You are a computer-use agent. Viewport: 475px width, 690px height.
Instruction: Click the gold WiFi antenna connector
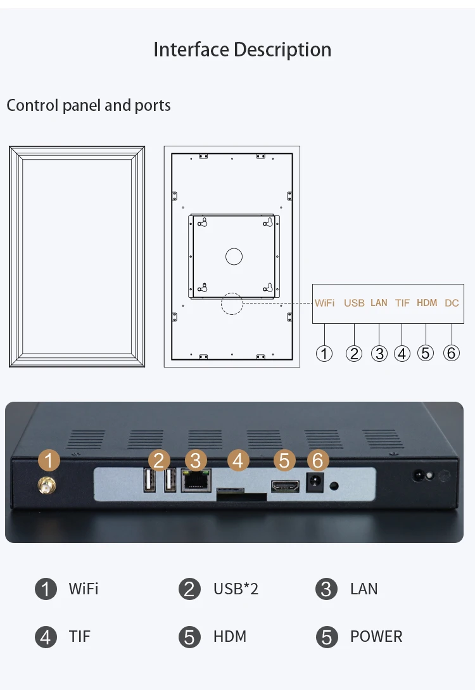click(46, 486)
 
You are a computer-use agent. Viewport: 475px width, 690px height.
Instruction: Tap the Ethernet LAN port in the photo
click(196, 480)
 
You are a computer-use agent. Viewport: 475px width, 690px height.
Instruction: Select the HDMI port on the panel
click(284, 486)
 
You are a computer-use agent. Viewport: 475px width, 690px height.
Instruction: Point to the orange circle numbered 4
click(238, 461)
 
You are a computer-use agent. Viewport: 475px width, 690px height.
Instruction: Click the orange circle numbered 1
click(49, 461)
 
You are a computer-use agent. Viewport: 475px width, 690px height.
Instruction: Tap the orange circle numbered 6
click(317, 461)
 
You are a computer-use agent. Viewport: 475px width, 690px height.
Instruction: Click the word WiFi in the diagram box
click(324, 303)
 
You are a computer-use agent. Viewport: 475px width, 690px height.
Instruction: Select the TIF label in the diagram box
click(402, 303)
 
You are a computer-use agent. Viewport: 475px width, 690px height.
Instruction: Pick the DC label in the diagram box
click(452, 303)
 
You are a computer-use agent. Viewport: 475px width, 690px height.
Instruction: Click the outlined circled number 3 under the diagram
click(379, 354)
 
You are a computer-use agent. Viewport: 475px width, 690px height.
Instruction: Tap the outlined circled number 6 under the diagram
click(451, 353)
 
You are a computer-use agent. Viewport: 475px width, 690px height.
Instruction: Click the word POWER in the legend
click(376, 636)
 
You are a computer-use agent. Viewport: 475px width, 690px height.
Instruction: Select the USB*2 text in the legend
click(236, 589)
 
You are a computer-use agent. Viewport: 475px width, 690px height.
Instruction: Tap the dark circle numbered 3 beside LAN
click(326, 589)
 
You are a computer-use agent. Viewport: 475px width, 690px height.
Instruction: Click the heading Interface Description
click(243, 49)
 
